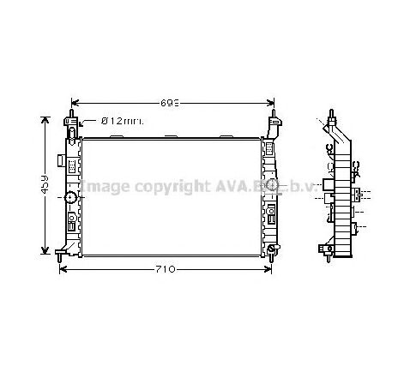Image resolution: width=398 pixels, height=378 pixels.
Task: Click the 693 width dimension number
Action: pos(172,102)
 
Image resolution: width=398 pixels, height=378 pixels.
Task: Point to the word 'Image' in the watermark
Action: pos(105,186)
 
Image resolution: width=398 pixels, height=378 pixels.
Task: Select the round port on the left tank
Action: pos(70,199)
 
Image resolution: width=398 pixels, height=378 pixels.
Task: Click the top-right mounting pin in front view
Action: pos(274,117)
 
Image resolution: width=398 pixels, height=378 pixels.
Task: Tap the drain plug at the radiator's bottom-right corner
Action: pos(272,249)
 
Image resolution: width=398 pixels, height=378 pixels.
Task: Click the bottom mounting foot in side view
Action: pos(328,250)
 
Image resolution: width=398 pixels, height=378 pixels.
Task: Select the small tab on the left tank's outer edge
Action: pos(57,160)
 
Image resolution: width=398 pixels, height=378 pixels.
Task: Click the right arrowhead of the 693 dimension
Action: pos(270,102)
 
